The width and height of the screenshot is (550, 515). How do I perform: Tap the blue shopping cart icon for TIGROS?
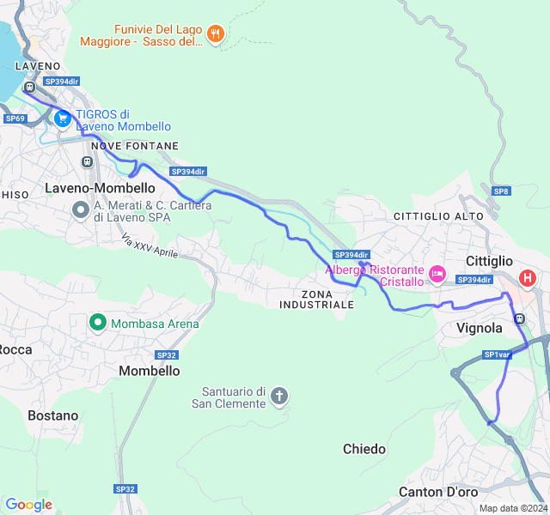[x=62, y=119]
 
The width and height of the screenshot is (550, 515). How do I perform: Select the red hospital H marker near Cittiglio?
[x=528, y=278]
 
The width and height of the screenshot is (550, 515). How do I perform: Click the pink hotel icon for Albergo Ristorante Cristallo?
[x=437, y=275]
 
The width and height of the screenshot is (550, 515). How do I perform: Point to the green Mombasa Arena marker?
[x=98, y=324]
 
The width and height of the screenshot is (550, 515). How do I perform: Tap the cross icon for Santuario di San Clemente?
[x=278, y=397]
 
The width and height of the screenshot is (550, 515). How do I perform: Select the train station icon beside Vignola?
[x=519, y=318]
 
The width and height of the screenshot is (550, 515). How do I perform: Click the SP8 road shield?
[x=501, y=191]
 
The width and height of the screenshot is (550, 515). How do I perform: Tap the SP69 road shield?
[x=15, y=118]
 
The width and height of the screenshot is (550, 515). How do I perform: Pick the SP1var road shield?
[x=497, y=354]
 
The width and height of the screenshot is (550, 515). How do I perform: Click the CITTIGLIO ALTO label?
[x=438, y=216]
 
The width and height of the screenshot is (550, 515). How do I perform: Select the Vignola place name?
[x=480, y=328]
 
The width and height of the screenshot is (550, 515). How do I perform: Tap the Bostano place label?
[x=52, y=415]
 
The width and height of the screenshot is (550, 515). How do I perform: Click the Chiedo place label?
[x=364, y=449]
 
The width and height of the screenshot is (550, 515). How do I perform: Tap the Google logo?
[x=28, y=505]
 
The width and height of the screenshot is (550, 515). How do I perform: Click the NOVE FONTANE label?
[x=134, y=147]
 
